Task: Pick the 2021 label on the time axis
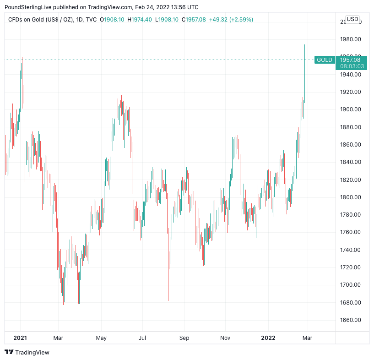(20, 338)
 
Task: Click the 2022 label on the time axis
(268, 338)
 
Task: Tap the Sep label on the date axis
(184, 338)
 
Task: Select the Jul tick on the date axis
(142, 338)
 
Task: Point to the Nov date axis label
(225, 338)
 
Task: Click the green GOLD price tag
(325, 60)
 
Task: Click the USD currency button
(352, 19)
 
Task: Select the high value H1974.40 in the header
(140, 20)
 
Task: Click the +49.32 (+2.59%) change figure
(228, 20)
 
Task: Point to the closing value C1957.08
(194, 20)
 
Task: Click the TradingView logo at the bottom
(27, 352)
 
